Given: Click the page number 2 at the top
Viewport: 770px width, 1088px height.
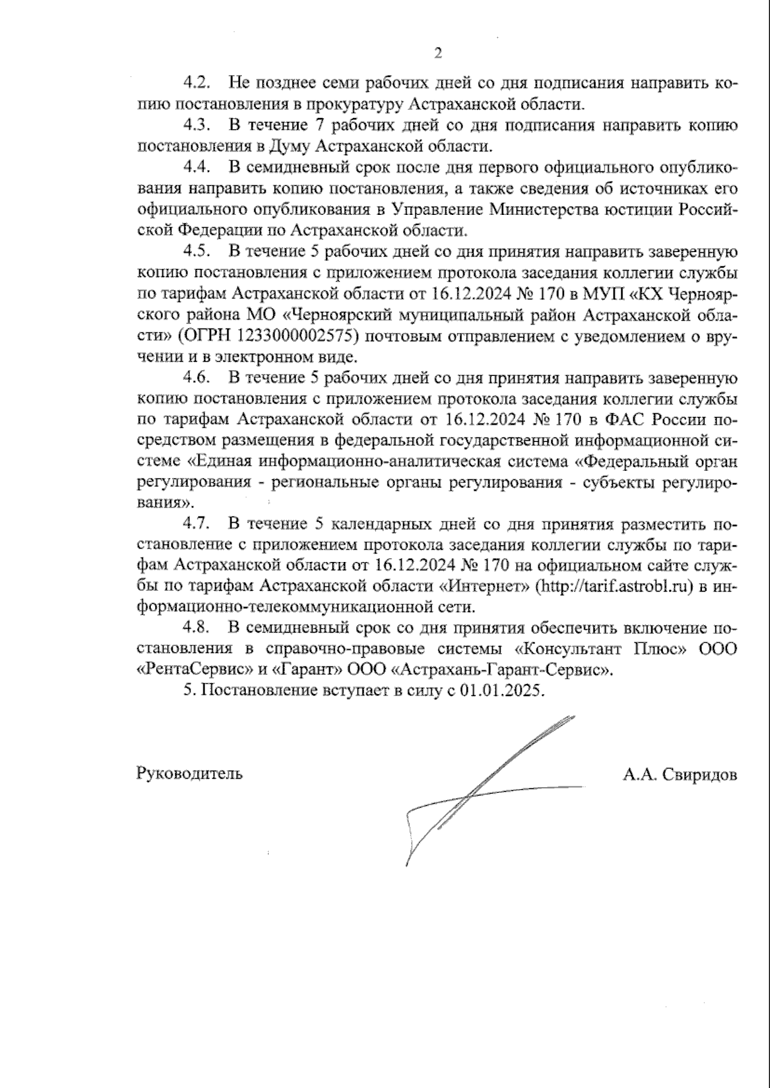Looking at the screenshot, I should coord(438,53).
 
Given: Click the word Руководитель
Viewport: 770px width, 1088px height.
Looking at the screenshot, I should coord(189,773).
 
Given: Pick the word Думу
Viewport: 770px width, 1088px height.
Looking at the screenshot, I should coord(295,146).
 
